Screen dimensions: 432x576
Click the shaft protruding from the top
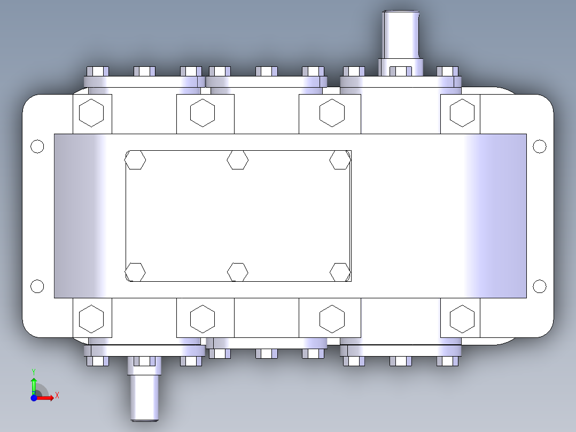[x=401, y=35]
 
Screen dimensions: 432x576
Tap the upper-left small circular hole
[x=37, y=146]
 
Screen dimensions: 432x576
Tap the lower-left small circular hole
[x=37, y=287]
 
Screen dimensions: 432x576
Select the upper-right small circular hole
[x=540, y=146]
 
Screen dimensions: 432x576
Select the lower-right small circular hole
[x=540, y=287]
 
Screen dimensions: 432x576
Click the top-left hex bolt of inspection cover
[x=135, y=159]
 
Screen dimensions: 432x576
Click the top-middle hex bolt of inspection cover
[x=238, y=159]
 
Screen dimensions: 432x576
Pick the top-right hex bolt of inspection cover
[x=340, y=159]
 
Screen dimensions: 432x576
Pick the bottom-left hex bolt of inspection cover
[x=135, y=272]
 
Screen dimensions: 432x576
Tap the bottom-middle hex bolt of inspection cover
[x=238, y=272]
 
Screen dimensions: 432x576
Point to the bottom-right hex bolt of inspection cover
[x=340, y=272]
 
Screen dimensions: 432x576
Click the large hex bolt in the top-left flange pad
[x=91, y=113]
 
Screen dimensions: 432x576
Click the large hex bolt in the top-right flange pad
[x=462, y=113]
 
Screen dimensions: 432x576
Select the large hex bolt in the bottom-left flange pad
[x=91, y=319]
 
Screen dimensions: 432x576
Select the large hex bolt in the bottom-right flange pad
[x=462, y=319]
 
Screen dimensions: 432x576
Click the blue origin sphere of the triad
[x=34, y=398]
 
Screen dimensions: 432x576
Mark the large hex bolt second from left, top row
[x=203, y=113]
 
